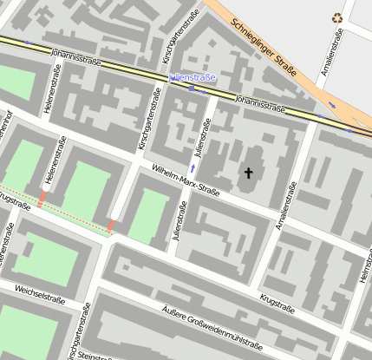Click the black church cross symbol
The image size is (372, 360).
(x=248, y=173)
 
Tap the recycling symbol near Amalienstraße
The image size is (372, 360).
(x=337, y=16)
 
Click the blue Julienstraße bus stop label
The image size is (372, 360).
(x=192, y=78)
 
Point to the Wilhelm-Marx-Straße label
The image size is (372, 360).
(x=186, y=180)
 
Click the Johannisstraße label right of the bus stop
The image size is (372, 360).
(x=260, y=104)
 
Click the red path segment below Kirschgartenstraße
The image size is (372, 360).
(x=112, y=226)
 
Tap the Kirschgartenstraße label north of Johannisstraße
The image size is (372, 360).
(x=190, y=31)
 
